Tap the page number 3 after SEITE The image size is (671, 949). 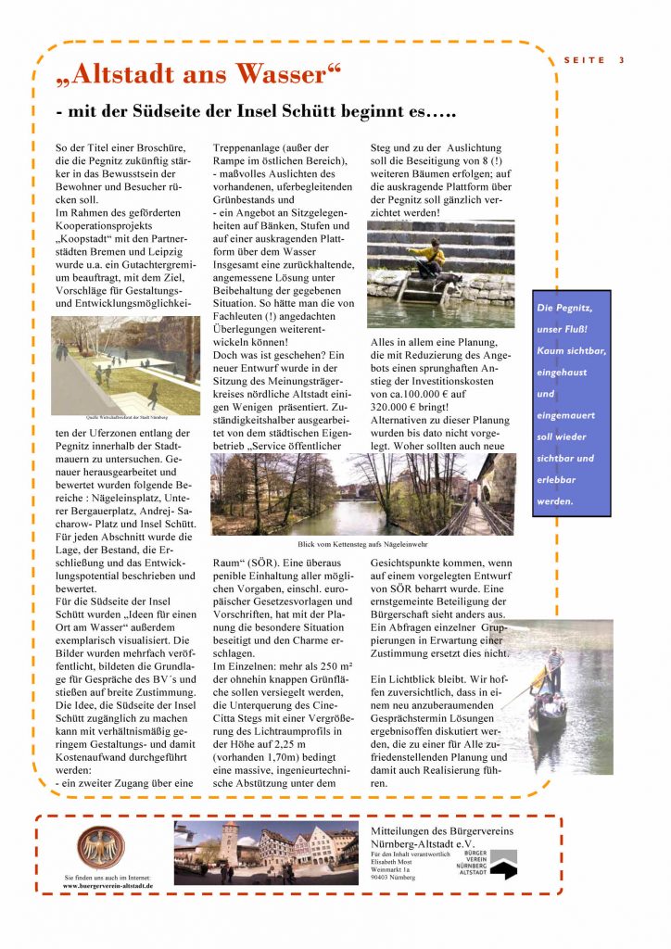click(x=622, y=60)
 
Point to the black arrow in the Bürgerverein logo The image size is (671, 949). click(x=503, y=870)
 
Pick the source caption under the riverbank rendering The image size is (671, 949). click(x=125, y=417)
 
